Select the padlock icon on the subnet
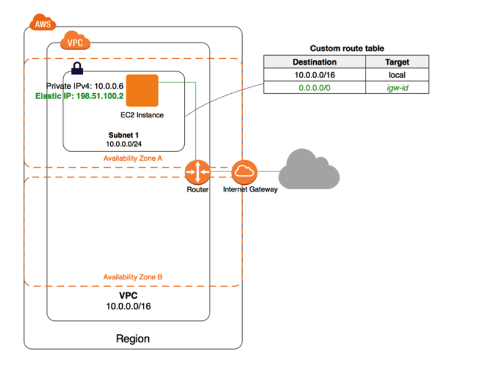pos(76,69)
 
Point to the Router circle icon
pos(197,171)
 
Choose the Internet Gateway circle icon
pos(244,171)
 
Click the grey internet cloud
pos(309,169)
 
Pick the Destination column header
pos(314,62)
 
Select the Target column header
pos(397,62)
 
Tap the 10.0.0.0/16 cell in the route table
pos(314,75)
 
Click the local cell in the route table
pos(397,75)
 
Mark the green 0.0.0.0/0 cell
pos(314,88)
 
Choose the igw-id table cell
pos(397,88)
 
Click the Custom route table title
pos(347,48)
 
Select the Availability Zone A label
pos(133,158)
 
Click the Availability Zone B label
pos(133,277)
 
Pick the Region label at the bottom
pos(133,339)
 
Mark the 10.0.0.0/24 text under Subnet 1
pos(124,143)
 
